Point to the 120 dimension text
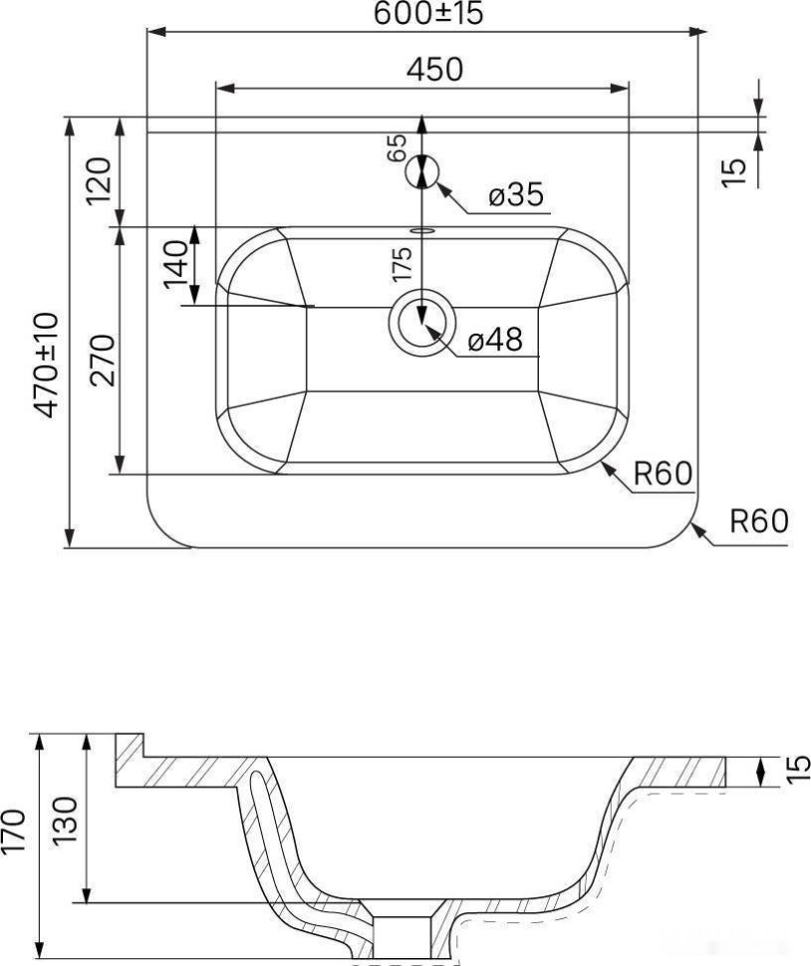[x=98, y=179]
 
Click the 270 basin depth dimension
[x=98, y=361]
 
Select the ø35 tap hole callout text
[x=517, y=196]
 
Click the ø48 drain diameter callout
[x=494, y=341]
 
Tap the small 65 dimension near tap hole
[x=397, y=148]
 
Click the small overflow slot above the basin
[x=421, y=230]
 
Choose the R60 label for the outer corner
[x=759, y=522]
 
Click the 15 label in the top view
[x=733, y=170]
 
